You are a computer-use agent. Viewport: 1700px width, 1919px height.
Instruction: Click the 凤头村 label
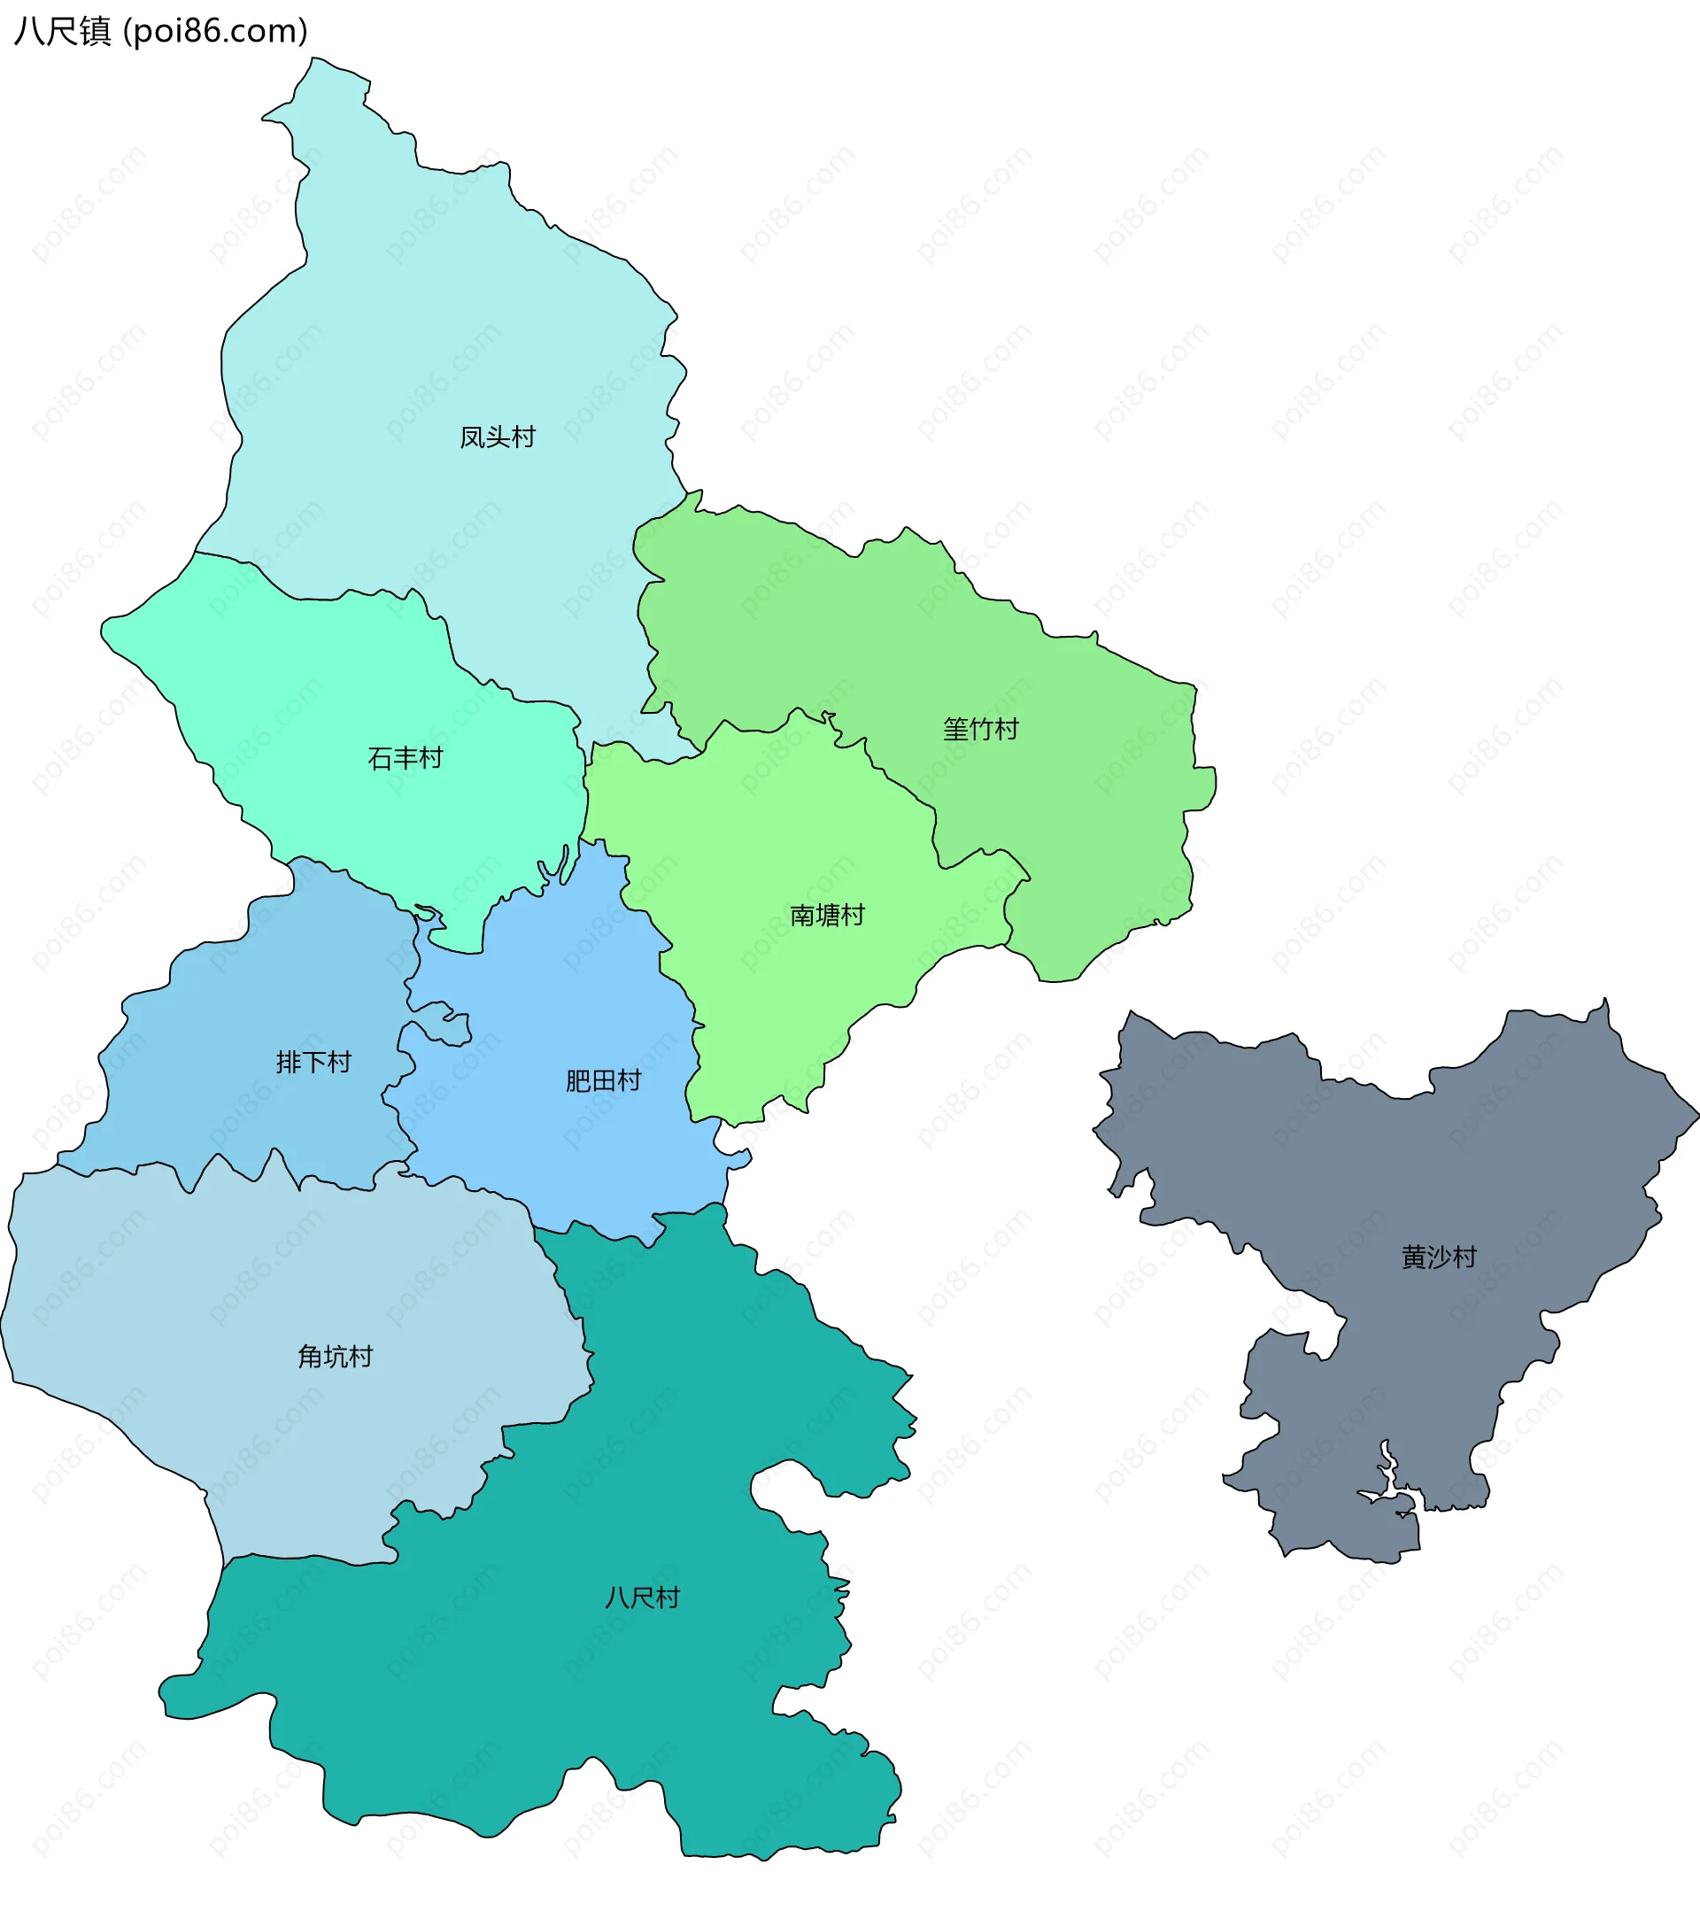pos(497,437)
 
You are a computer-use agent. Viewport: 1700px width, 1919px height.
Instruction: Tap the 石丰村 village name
pos(405,759)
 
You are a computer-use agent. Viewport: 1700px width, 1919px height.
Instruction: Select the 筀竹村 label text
pos(980,730)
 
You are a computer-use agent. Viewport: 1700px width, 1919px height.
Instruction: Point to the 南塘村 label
pos(826,916)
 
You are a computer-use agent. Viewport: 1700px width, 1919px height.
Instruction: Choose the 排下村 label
pos(313,1063)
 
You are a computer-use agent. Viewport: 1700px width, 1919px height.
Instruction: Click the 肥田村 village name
pos(603,1081)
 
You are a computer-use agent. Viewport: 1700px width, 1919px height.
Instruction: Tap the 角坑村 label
pos(335,1357)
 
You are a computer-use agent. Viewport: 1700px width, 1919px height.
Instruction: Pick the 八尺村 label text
pos(642,1598)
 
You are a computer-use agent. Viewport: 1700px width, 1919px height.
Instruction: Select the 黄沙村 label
pos(1438,1257)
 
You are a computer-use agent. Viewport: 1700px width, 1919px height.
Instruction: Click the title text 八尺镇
pos(62,31)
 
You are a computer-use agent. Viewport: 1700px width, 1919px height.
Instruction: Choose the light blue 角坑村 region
pos(235,1314)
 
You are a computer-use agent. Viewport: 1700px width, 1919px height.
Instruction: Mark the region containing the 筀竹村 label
pos(1079,798)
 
